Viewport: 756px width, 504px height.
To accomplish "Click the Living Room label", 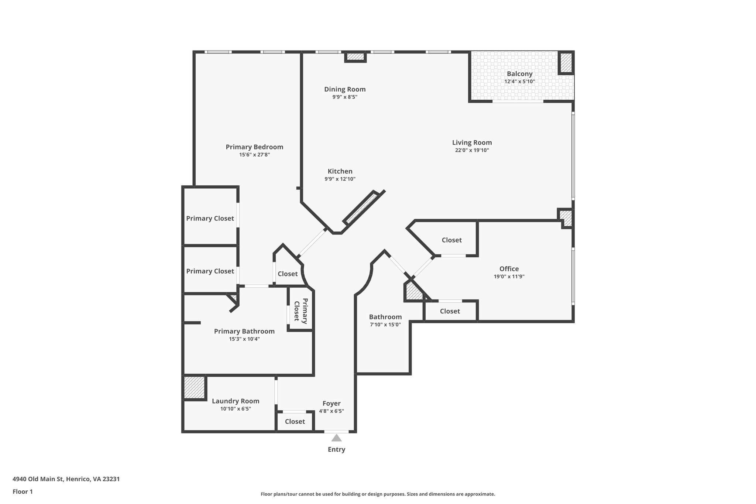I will (x=472, y=143).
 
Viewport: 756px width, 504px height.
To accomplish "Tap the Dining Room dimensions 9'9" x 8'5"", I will (x=345, y=97).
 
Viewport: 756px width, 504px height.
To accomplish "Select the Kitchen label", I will (x=340, y=171).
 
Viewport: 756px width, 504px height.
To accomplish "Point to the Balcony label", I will (x=519, y=74).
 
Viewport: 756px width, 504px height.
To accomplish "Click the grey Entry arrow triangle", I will (x=336, y=438).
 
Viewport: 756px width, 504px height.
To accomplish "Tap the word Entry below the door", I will (x=336, y=449).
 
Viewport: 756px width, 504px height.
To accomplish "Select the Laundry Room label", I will (x=236, y=401).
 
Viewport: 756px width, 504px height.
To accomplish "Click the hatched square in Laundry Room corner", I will (x=194, y=387).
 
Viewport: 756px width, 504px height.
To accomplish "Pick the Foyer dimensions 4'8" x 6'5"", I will (x=331, y=411).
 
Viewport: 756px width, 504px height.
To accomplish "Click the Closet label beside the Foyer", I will (x=295, y=421).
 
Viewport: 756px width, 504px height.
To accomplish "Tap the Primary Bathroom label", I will (x=244, y=331).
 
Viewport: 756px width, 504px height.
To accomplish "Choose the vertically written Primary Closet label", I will (x=300, y=311).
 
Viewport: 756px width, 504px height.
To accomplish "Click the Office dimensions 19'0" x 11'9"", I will (x=509, y=277).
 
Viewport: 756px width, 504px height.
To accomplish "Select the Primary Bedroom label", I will (x=254, y=147).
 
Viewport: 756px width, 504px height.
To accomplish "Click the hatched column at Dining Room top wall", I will (x=355, y=57).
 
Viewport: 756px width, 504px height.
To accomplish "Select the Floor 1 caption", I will (x=23, y=491).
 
